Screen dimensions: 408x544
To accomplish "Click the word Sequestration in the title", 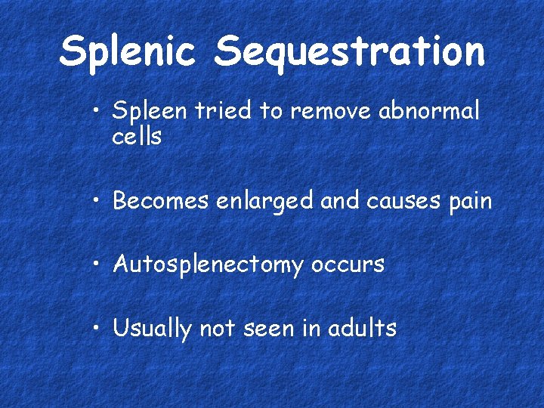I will pyautogui.click(x=349, y=52).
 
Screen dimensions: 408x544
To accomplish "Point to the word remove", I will pyautogui.click(x=330, y=112).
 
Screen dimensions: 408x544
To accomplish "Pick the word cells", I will pyautogui.click(x=136, y=137).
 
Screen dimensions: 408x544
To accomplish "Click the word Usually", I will pyautogui.click(x=152, y=329).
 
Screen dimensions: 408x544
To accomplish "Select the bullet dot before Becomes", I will pyautogui.click(x=98, y=202).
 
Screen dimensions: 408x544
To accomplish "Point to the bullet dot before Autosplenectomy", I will pyautogui.click(x=98, y=265).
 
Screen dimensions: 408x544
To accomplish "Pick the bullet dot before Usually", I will pyautogui.click(x=98, y=329).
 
